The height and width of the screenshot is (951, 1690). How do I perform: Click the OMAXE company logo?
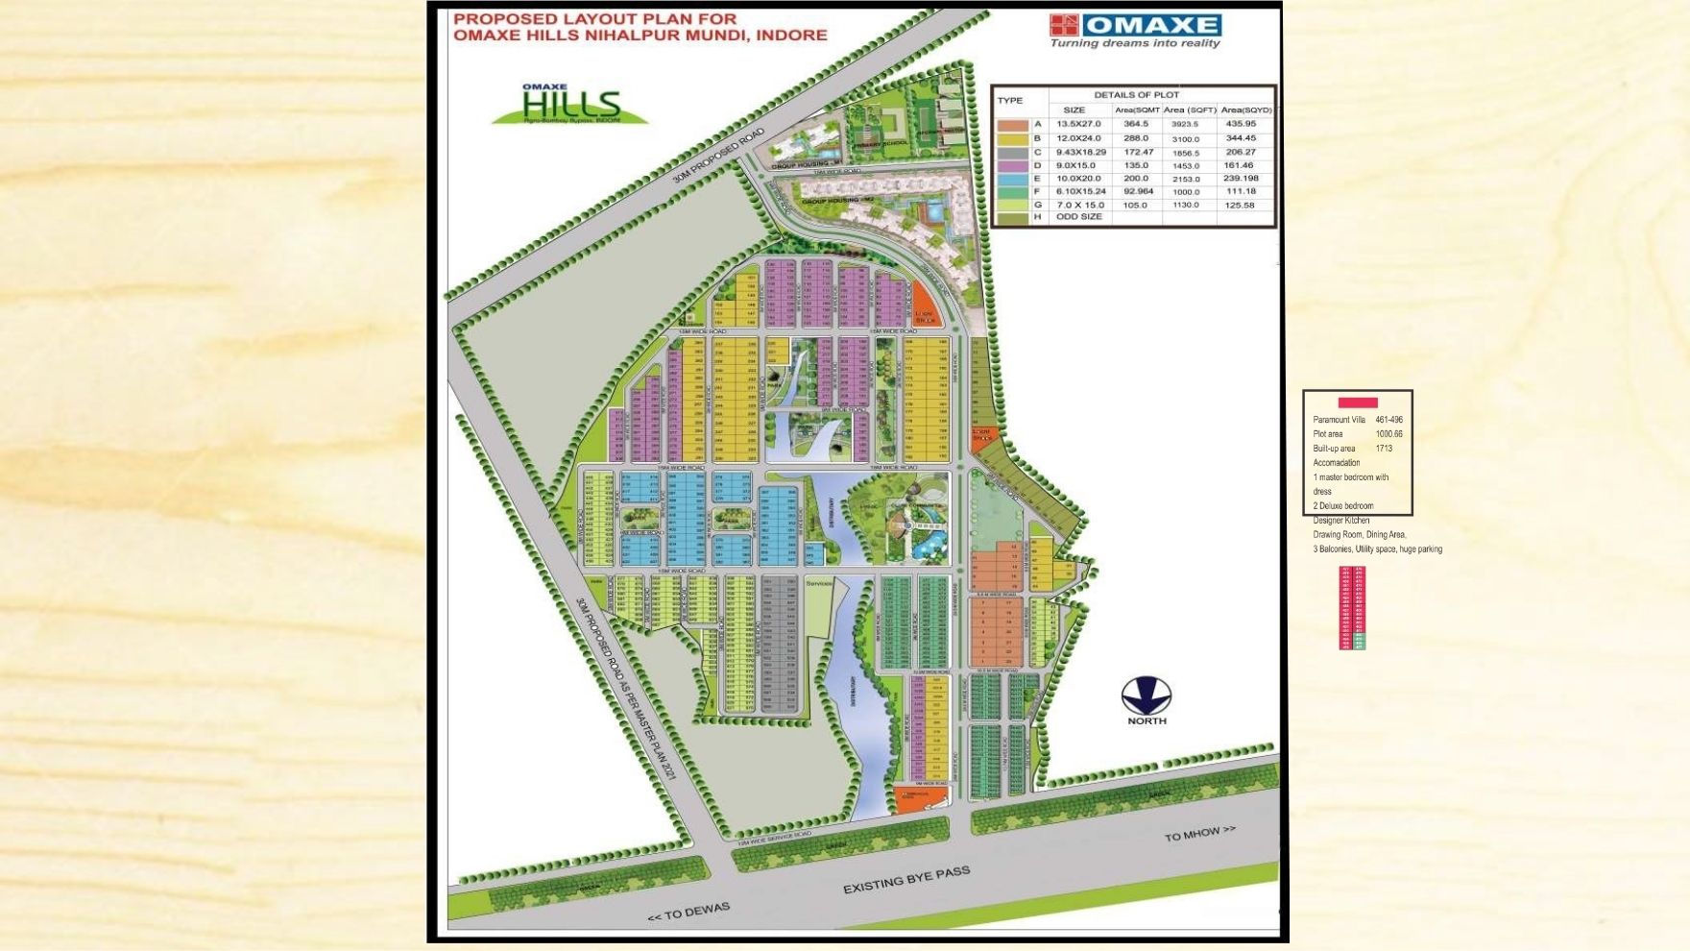point(1135,25)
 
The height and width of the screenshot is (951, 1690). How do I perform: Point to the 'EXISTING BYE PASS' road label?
point(905,879)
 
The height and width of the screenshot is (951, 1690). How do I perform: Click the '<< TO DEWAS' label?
point(688,912)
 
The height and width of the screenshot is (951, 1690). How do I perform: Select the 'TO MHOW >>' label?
point(1199,833)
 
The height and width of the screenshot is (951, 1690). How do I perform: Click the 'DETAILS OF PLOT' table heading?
point(1136,94)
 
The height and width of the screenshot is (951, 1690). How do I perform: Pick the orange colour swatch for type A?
point(1012,125)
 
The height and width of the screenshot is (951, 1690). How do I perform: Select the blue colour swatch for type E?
point(1012,180)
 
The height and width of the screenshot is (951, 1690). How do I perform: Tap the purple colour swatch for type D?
point(1012,166)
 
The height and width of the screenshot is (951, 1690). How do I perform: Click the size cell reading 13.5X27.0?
point(1078,124)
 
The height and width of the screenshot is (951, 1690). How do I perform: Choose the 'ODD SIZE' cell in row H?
point(1078,217)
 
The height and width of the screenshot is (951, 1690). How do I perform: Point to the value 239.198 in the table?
point(1241,179)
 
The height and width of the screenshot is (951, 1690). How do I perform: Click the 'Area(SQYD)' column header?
point(1245,110)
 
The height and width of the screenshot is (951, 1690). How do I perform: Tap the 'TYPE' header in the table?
point(1009,100)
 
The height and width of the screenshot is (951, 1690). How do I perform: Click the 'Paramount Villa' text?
point(1339,420)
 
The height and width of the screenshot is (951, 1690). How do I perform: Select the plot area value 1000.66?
point(1388,434)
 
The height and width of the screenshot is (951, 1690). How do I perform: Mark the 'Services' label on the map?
point(819,583)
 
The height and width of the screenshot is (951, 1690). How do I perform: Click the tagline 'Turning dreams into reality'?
point(1134,43)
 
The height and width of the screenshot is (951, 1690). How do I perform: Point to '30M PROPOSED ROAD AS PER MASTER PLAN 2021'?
point(626,687)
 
